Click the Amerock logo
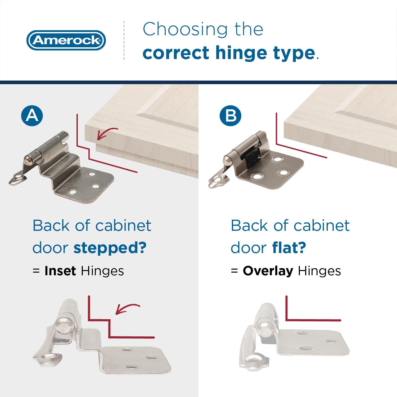(x=66, y=40)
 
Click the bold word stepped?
(x=110, y=248)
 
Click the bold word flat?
(x=289, y=248)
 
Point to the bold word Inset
(x=60, y=271)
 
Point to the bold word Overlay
(x=268, y=271)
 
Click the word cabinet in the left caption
(x=123, y=225)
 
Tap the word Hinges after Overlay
(x=319, y=271)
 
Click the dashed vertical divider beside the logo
(x=124, y=40)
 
